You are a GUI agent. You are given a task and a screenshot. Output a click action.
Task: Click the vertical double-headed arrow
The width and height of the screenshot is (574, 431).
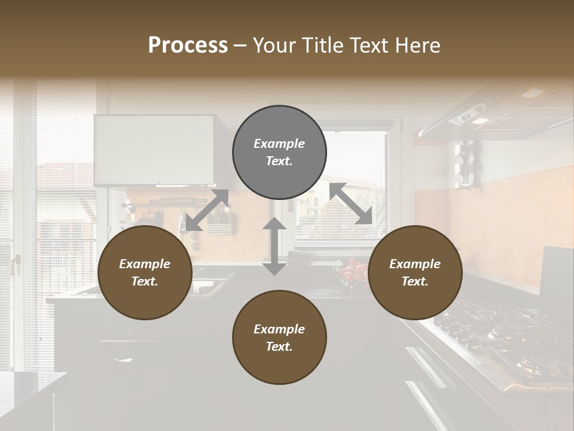coord(274,246)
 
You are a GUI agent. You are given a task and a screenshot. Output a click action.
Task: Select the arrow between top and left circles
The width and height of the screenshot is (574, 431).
coord(207,210)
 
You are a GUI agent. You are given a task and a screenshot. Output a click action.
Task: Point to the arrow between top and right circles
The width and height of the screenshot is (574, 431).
coord(350,204)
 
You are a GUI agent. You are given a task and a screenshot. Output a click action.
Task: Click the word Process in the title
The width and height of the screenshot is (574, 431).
coord(188,45)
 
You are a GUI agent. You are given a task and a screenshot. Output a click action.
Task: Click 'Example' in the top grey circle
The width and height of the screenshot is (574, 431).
coord(279,144)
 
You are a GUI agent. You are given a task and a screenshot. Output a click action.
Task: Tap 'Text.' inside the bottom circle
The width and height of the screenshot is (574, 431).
coord(279,347)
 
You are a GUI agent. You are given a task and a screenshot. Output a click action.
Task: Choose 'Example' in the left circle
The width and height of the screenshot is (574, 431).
coord(145,264)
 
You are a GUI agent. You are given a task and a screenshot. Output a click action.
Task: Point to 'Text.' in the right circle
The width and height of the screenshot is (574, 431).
coord(415,281)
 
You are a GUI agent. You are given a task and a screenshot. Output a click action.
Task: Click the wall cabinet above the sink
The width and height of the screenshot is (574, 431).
coord(154,150)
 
